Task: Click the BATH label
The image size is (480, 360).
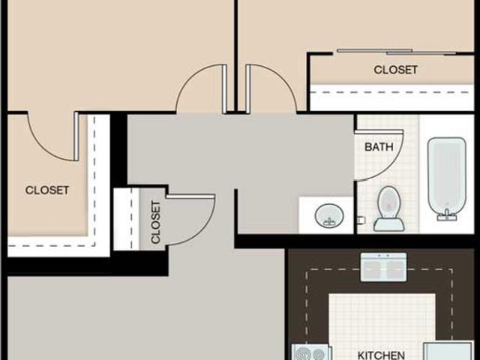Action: [x=379, y=147]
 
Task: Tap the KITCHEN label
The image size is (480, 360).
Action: [x=380, y=355]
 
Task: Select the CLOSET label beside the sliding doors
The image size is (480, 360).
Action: [x=395, y=70]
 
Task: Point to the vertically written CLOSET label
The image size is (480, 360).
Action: [x=156, y=222]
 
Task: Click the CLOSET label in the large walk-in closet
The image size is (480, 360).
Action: [x=47, y=190]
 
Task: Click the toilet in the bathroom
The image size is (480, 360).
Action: [x=389, y=208]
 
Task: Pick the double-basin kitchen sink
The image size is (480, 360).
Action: [x=384, y=266]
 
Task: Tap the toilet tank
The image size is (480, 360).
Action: [x=389, y=223]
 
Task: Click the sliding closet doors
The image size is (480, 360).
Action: [x=396, y=52]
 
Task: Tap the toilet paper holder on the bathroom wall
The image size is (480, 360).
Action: [x=361, y=220]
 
